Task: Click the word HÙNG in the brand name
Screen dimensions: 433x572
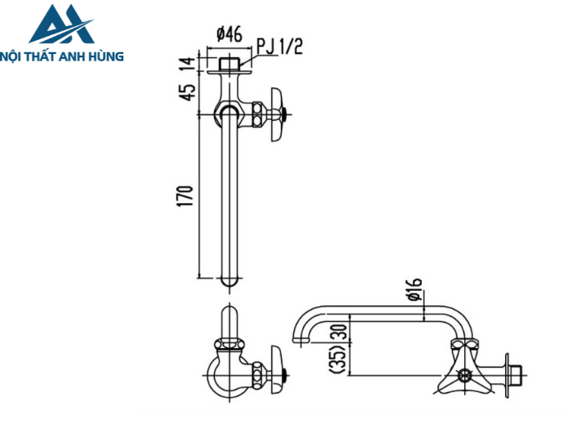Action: click(x=106, y=56)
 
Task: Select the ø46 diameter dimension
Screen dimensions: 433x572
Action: click(x=229, y=34)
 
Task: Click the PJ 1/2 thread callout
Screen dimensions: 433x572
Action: click(x=279, y=46)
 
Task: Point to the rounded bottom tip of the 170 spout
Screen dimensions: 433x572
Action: click(x=230, y=283)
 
